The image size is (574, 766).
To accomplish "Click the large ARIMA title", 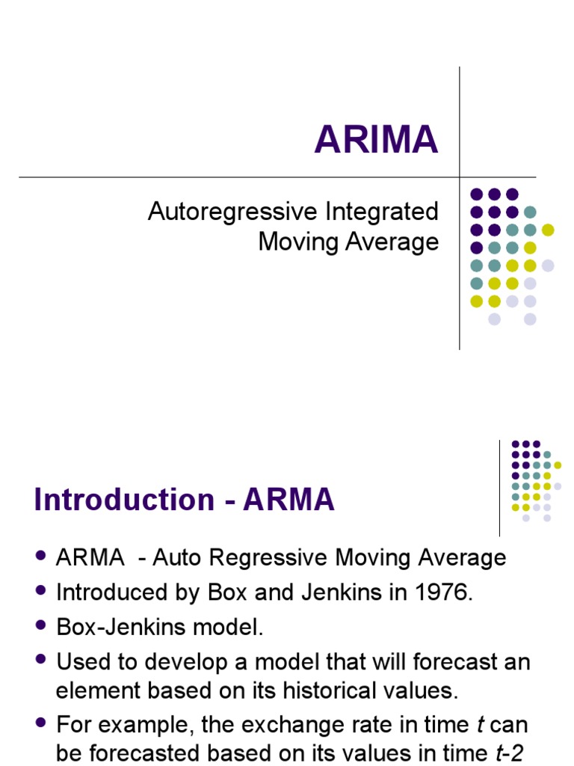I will coord(376,140).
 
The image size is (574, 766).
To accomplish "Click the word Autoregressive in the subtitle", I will coord(234,212).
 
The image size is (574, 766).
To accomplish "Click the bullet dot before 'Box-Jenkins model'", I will coord(40,627).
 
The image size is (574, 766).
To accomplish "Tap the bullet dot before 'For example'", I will coord(40,725).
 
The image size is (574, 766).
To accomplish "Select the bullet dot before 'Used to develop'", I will coord(40,661).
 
